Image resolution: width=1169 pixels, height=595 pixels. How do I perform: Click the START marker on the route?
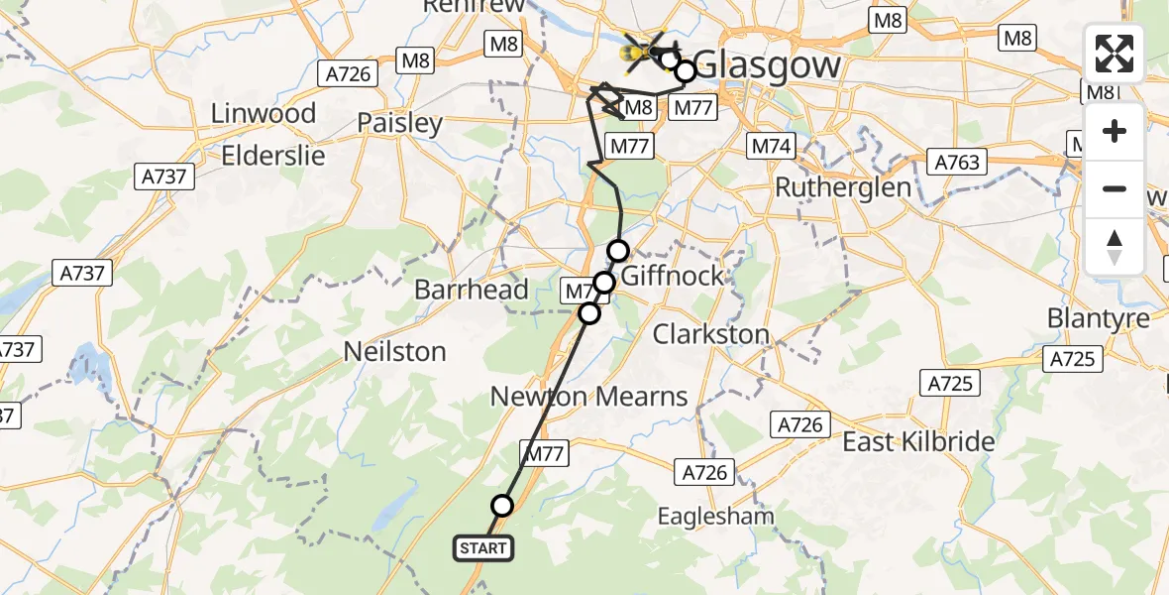pos(483,548)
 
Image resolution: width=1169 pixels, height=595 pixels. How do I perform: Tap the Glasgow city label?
pos(767,65)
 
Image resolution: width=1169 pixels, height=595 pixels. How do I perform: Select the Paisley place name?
pos(399,124)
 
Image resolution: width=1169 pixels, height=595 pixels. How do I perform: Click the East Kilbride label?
pos(918,441)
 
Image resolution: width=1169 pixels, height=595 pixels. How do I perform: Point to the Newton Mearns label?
pos(588,397)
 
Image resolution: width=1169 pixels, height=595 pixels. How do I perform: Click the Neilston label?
pos(394,351)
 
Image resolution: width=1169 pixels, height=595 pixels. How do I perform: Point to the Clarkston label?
pos(711,334)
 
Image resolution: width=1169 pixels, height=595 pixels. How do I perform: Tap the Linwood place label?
pos(263,113)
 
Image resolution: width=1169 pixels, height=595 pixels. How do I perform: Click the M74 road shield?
pos(771,147)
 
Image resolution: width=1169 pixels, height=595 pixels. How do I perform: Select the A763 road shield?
pos(955,163)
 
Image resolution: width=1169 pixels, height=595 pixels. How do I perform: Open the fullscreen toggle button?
pos(1115,54)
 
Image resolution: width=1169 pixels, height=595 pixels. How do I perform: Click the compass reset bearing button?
pos(1115,246)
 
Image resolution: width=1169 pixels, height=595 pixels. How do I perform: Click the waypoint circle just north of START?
pos(502,506)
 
